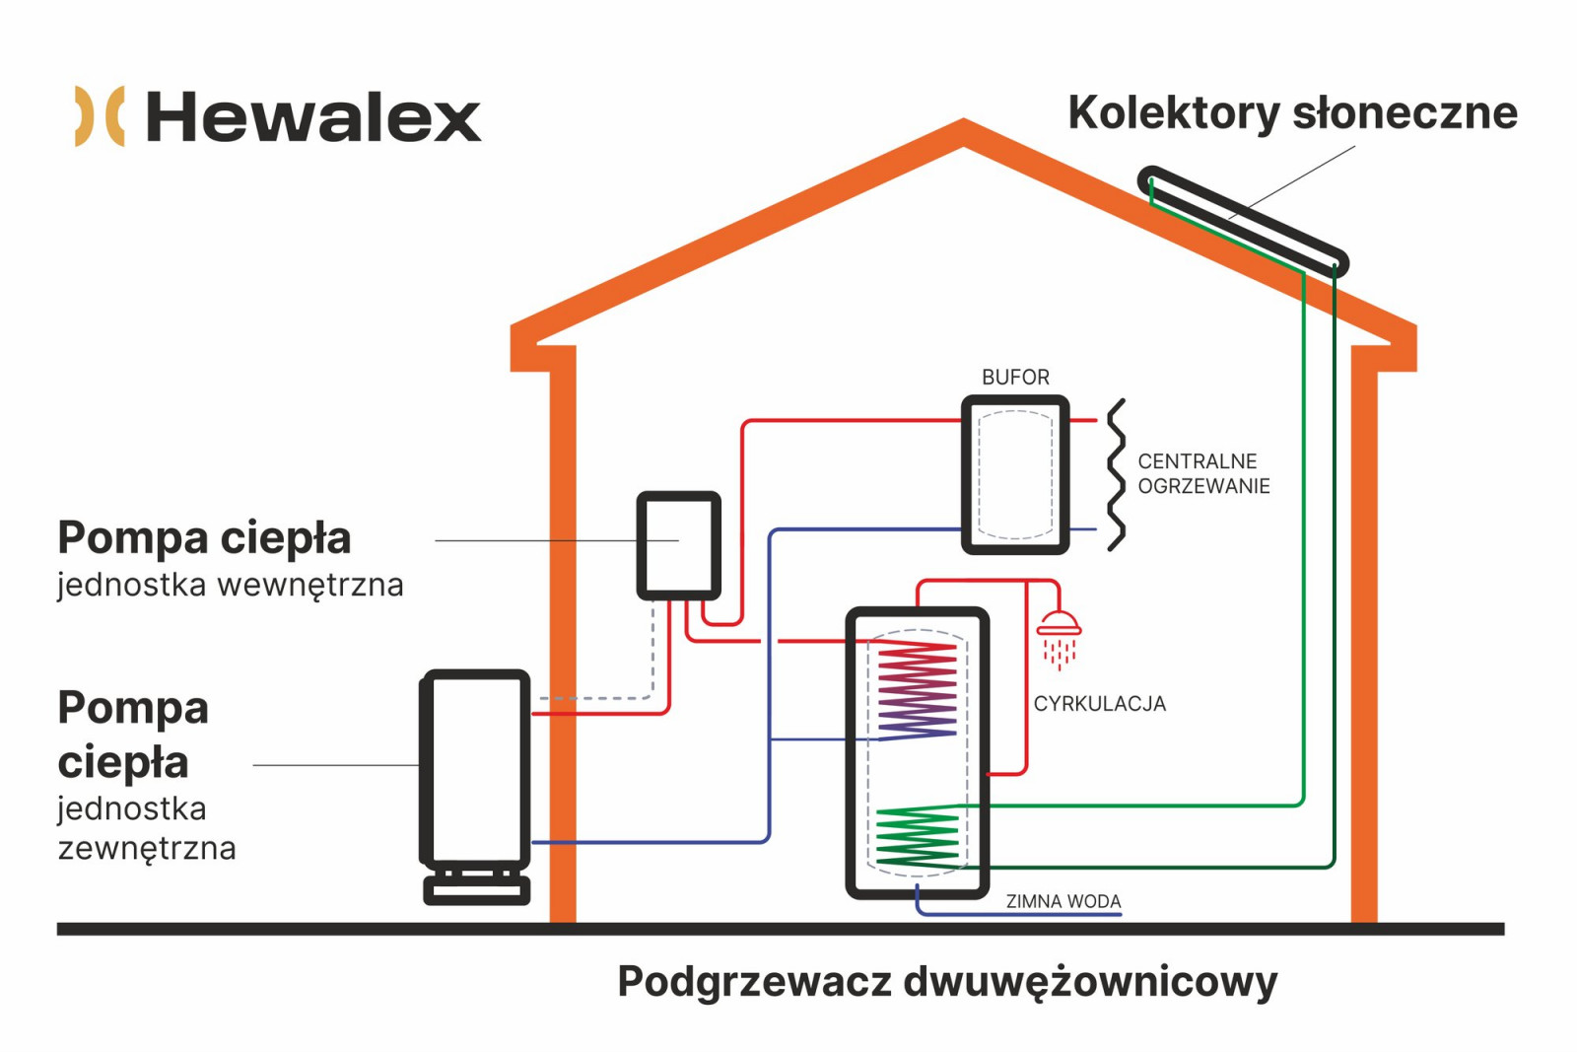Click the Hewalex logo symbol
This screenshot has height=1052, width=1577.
click(x=100, y=116)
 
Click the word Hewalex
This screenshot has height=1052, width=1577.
click(x=313, y=117)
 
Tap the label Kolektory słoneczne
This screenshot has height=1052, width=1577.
click(x=1292, y=113)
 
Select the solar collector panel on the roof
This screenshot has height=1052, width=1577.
click(x=1243, y=222)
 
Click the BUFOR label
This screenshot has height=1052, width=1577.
click(x=1015, y=378)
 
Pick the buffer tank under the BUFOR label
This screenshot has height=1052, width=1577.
click(x=1015, y=474)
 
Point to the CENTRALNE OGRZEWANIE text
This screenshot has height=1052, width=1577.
click(x=1203, y=474)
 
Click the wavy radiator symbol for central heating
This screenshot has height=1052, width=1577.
click(x=1116, y=474)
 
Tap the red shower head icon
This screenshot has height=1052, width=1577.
click(x=1059, y=639)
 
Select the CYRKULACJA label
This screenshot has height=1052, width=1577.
click(x=1100, y=704)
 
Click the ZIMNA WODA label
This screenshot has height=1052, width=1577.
click(x=1063, y=901)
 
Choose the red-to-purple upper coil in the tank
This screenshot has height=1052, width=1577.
click(x=917, y=691)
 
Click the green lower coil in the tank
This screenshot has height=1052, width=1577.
click(x=918, y=837)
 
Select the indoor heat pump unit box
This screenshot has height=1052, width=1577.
click(x=679, y=545)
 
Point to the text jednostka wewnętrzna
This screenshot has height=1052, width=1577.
click(x=231, y=586)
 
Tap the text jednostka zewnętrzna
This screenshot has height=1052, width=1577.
click(x=147, y=829)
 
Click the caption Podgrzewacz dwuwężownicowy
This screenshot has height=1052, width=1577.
click(x=947, y=982)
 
